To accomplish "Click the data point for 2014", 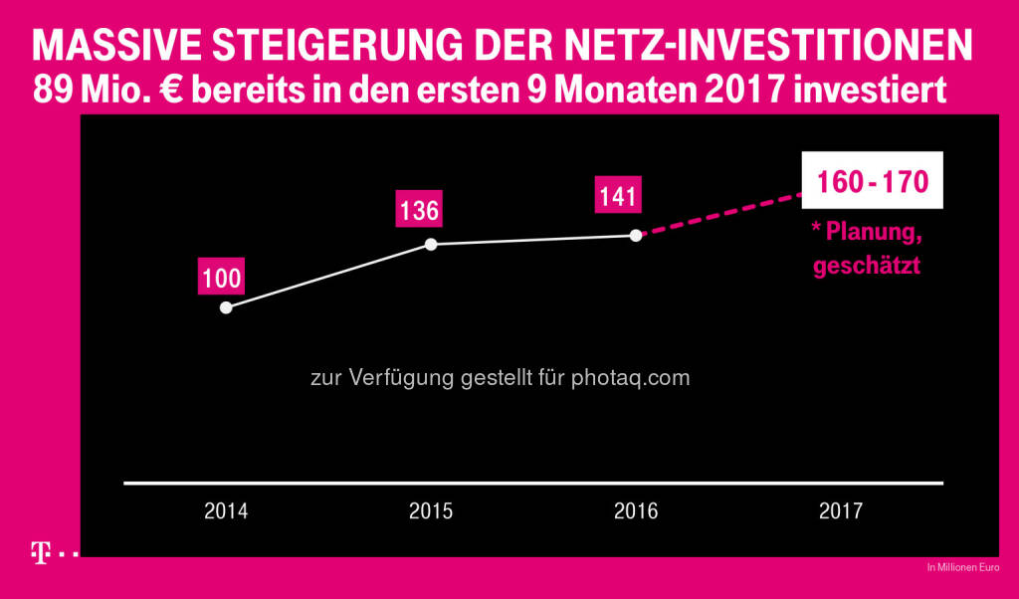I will pyautogui.click(x=226, y=307).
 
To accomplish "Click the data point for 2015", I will pyautogui.click(x=431, y=244).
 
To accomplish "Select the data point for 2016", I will pyautogui.click(x=635, y=236).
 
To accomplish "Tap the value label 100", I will pyautogui.click(x=222, y=278).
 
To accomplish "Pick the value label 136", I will pyautogui.click(x=419, y=211).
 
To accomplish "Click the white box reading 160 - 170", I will pyautogui.click(x=872, y=182).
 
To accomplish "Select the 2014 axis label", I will pyautogui.click(x=226, y=511).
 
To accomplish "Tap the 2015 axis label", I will pyautogui.click(x=431, y=511).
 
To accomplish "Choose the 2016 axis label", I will pyautogui.click(x=636, y=511).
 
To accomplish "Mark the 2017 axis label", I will pyautogui.click(x=841, y=511).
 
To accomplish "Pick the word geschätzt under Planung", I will pyautogui.click(x=866, y=266).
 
